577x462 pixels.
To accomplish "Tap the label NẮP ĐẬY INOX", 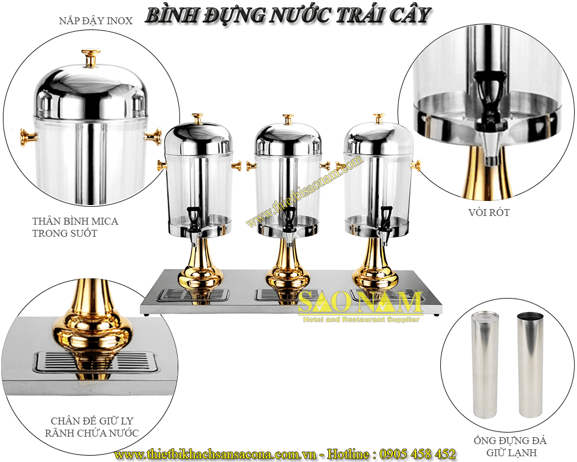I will point(96,21).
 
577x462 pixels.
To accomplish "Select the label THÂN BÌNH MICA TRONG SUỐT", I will point(76,227).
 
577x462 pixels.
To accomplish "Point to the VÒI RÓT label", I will point(490,213).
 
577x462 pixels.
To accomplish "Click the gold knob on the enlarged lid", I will point(91,58).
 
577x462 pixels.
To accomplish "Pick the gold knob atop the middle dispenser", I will point(287,119).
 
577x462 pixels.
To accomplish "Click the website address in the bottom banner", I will point(218,454).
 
